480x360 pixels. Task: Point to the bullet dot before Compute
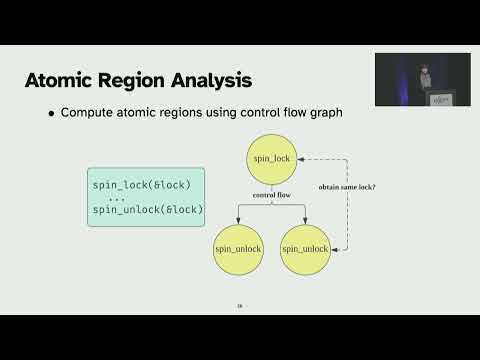(x=52, y=113)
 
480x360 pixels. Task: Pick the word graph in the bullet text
(x=322, y=113)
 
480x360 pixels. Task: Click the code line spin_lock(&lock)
(x=141, y=184)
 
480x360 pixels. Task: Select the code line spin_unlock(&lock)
(x=147, y=209)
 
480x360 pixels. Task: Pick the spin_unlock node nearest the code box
(x=238, y=247)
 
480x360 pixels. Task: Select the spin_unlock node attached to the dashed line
(x=305, y=247)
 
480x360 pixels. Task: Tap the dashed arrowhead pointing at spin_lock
(x=306, y=157)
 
